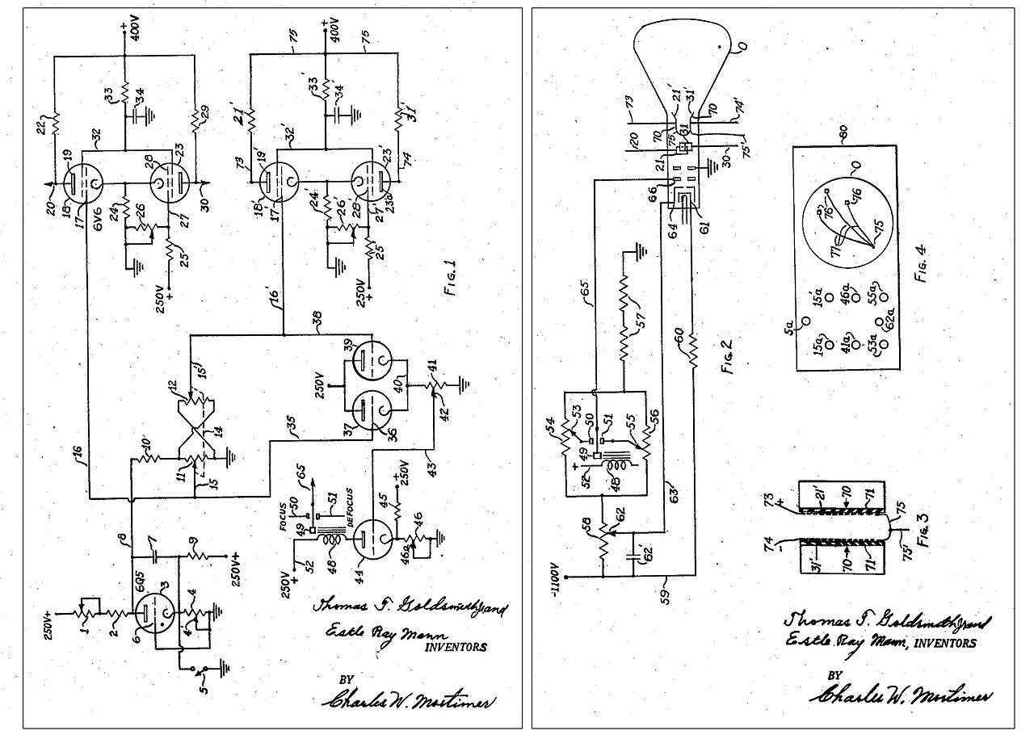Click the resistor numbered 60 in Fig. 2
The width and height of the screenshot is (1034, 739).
tap(691, 350)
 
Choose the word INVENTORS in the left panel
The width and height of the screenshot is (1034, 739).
tap(456, 646)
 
